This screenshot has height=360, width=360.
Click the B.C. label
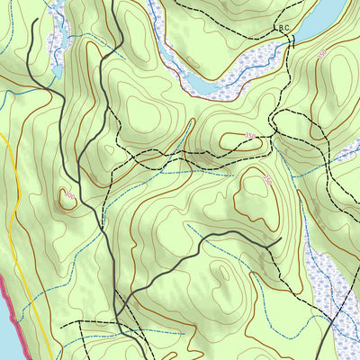283,29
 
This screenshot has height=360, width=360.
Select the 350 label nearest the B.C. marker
322,56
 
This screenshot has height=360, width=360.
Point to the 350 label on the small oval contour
267,181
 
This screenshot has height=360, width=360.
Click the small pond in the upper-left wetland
57,69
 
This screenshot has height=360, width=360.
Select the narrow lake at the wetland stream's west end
200,85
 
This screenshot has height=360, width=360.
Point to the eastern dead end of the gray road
281,238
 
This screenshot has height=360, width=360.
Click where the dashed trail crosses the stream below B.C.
286,54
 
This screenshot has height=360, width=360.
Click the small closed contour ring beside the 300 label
65,201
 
